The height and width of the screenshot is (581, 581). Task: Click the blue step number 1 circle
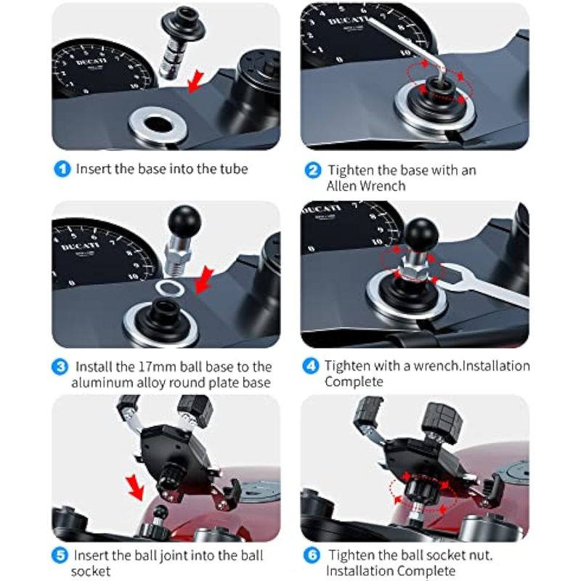[62, 169]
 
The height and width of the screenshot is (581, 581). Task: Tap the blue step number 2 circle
[313, 171]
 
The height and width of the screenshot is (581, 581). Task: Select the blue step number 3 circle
[60, 367]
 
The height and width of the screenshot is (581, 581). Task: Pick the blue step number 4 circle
[311, 366]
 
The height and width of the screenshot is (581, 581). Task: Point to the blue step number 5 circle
[60, 556]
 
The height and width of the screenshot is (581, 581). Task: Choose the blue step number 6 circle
[312, 555]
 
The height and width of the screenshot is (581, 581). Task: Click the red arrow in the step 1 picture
[195, 81]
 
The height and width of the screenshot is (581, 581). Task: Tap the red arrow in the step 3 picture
[204, 280]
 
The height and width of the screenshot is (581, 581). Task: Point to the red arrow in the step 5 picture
[134, 487]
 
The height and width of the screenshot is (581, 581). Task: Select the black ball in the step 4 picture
[420, 235]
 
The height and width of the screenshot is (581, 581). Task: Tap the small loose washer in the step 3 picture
[170, 288]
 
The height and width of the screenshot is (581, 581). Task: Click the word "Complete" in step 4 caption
[354, 382]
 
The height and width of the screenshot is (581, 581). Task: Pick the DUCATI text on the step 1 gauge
[89, 61]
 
